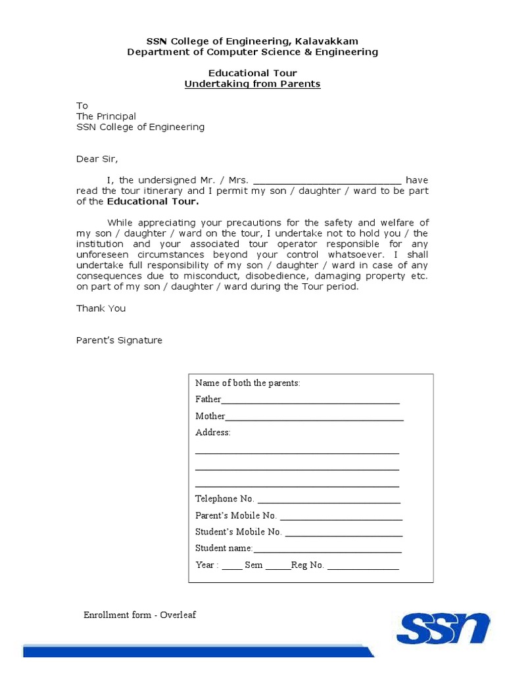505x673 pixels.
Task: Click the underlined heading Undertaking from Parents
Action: point(252,84)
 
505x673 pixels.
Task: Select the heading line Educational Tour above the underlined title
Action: point(252,73)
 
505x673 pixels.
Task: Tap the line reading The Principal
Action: point(107,116)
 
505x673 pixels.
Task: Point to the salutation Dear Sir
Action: point(97,158)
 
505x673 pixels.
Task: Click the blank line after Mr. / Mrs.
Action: point(327,181)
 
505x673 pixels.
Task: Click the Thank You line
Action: point(101,308)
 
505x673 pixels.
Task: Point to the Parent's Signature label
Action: point(119,340)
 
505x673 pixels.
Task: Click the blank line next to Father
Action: point(310,400)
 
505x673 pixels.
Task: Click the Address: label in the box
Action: point(213,432)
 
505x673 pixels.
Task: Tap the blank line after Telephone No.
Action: point(329,500)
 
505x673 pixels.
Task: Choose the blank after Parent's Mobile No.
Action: point(341,517)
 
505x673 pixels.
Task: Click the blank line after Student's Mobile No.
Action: point(343,533)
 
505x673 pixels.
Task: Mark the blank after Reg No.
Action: point(363,567)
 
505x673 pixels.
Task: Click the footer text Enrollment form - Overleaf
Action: point(139,615)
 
